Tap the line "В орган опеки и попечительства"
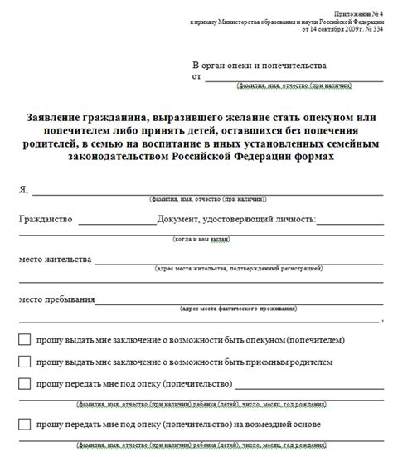(x=259, y=65)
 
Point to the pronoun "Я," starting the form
(x=23, y=189)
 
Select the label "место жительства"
(x=55, y=259)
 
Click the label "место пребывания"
(x=54, y=297)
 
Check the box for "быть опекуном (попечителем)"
(x=24, y=339)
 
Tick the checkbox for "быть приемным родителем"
(x=24, y=361)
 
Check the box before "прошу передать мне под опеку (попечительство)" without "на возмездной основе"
(x=24, y=383)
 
